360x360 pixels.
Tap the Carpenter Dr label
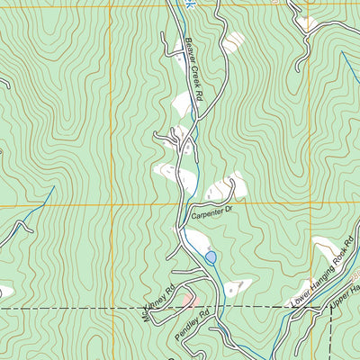[x=211, y=212]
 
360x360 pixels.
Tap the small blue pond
[x=211, y=257]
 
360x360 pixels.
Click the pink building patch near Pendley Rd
[x=186, y=298]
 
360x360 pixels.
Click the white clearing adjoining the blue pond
[x=193, y=240]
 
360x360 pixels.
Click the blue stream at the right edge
[x=349, y=67]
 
